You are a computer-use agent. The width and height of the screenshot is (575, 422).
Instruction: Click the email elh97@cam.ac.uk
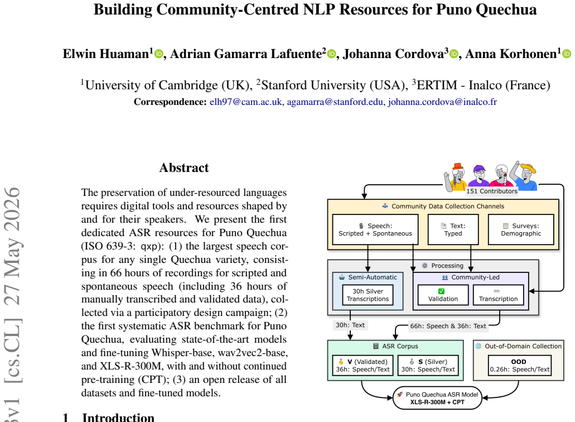[x=246, y=102]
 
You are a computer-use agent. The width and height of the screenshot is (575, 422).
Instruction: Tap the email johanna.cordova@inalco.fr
[x=442, y=102]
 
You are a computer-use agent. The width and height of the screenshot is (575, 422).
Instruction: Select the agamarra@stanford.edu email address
[x=335, y=102]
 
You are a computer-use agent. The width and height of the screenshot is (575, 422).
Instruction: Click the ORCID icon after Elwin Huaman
[x=159, y=54]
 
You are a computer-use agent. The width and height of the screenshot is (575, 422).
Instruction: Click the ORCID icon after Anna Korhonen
[x=567, y=54]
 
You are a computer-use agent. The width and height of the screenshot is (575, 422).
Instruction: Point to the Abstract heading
[x=184, y=167]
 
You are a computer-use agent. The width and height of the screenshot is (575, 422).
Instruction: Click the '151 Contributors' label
[x=492, y=191]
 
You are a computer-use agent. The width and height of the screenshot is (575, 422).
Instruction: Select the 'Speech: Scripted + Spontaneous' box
[x=375, y=230]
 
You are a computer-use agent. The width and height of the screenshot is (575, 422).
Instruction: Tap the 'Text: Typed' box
[x=453, y=230]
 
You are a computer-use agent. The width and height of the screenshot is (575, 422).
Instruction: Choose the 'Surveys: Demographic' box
[x=521, y=230]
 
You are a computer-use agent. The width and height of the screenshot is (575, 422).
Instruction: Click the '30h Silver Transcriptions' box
[x=368, y=295]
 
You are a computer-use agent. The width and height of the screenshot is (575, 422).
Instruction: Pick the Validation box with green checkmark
[x=443, y=295]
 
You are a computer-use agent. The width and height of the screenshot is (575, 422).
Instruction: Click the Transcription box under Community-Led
[x=499, y=295]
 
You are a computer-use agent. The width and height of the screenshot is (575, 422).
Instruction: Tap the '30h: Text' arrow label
[x=350, y=325]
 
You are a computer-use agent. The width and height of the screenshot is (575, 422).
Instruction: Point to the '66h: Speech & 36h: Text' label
[x=448, y=326]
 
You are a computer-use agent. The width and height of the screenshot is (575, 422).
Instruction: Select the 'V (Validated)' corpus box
[x=363, y=366]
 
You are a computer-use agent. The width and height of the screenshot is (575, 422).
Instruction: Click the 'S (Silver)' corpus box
[x=428, y=366]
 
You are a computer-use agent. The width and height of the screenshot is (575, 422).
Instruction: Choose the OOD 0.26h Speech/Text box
[x=520, y=366]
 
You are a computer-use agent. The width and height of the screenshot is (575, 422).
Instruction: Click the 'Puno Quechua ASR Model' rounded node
[x=437, y=398]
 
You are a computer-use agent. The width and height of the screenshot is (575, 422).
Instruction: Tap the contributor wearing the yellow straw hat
[x=524, y=175]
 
